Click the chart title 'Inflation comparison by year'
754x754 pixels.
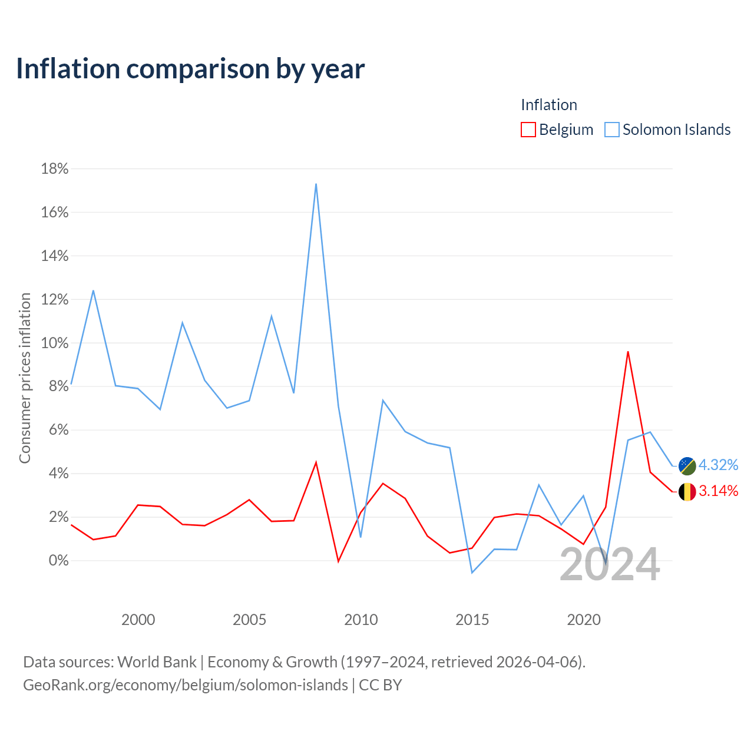190,69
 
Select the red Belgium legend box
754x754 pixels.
528,130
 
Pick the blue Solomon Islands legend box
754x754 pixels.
611,130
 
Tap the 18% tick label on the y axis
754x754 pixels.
55,168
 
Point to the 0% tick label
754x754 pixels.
59,560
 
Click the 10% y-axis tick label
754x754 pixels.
55,343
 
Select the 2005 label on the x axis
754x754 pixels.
249,620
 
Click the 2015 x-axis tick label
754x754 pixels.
472,620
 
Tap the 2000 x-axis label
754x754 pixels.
138,620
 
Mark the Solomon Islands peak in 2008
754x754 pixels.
316,184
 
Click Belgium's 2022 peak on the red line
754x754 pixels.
627,352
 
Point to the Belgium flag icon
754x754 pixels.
687,492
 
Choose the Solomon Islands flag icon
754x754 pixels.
687,466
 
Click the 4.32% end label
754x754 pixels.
718,465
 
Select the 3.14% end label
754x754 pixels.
718,491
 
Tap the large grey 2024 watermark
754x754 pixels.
610,564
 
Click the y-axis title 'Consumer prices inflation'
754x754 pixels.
25,378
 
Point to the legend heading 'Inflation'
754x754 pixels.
548,105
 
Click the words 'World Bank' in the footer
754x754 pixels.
157,662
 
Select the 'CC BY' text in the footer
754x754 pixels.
381,685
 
